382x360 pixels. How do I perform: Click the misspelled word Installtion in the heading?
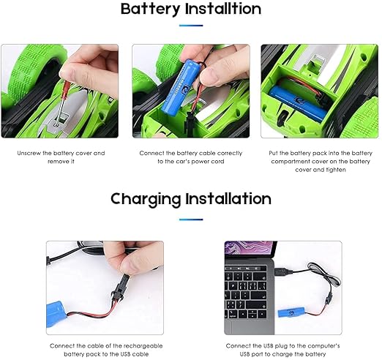223,9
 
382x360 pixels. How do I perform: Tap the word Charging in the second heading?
145,200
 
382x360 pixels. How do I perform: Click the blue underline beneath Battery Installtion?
191,26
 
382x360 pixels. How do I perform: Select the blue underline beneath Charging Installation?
191,220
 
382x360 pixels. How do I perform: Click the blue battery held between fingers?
179,86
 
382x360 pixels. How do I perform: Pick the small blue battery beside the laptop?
291,312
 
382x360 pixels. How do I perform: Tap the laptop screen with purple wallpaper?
250,250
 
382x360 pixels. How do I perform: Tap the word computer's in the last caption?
324,346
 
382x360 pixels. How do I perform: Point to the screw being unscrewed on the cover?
56,124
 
